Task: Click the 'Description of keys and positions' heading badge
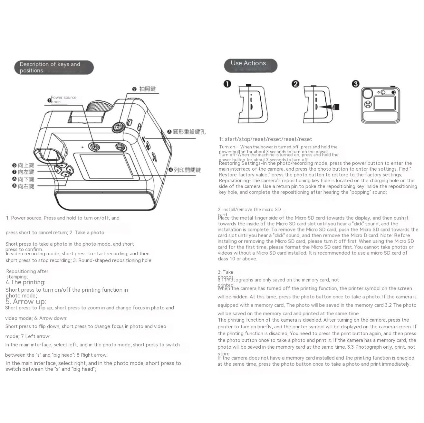click(x=54, y=67)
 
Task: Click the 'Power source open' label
click(x=63, y=99)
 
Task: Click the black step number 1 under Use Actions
click(x=227, y=84)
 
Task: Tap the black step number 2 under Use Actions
click(x=295, y=84)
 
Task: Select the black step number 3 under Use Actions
click(x=355, y=84)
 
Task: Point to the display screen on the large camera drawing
click(x=107, y=166)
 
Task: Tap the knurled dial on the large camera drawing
click(x=100, y=106)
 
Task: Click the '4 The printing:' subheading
click(x=25, y=282)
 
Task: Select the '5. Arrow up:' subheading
click(x=26, y=302)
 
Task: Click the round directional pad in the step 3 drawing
click(x=368, y=104)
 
